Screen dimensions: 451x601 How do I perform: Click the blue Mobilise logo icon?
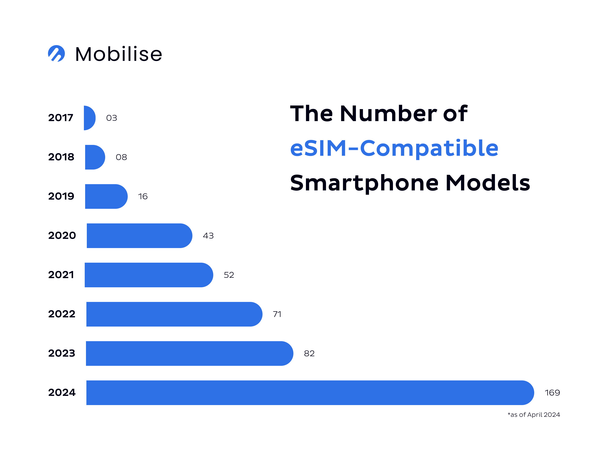pyautogui.click(x=56, y=53)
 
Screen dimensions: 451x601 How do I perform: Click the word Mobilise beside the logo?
pyautogui.click(x=119, y=54)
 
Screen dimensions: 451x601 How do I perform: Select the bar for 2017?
pyautogui.click(x=89, y=118)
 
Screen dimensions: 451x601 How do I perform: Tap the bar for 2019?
pyautogui.click(x=106, y=196)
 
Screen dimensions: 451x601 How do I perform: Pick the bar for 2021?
pyautogui.click(x=149, y=275)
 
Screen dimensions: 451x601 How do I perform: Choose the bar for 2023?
pyautogui.click(x=189, y=353)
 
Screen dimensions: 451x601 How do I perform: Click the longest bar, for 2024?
pyautogui.click(x=310, y=393)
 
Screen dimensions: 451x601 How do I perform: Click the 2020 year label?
pyautogui.click(x=62, y=236)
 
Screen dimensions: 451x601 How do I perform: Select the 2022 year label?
pyautogui.click(x=62, y=314)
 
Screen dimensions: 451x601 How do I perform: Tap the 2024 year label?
pyautogui.click(x=62, y=393)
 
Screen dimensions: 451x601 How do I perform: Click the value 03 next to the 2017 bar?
pyautogui.click(x=111, y=118)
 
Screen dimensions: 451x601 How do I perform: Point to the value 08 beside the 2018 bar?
pyautogui.click(x=121, y=157)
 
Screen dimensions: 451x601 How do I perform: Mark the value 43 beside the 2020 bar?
pyautogui.click(x=208, y=236)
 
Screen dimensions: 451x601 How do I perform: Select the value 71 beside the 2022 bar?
pyautogui.click(x=277, y=314)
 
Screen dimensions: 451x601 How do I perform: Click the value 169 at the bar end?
pyautogui.click(x=552, y=393)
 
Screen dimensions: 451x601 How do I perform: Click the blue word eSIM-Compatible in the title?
pyautogui.click(x=394, y=148)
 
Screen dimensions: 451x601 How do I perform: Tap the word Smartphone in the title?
pyautogui.click(x=364, y=183)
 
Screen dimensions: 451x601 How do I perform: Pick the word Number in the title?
pyautogui.click(x=388, y=113)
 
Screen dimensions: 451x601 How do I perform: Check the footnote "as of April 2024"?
pyautogui.click(x=534, y=415)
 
